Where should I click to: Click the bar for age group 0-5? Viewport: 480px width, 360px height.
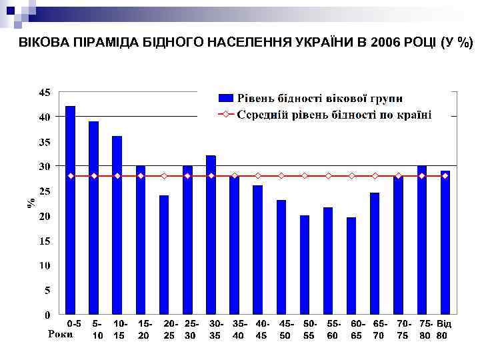[x=70, y=209]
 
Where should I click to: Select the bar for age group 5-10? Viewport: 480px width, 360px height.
[x=93, y=217]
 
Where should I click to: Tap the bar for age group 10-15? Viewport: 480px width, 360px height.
[x=117, y=225]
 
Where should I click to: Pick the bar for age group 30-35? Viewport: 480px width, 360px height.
[x=211, y=234]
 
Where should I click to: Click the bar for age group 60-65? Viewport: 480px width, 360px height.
[x=351, y=265]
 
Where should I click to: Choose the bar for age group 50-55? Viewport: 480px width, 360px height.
[x=305, y=264]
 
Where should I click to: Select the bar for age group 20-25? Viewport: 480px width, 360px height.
[x=164, y=254]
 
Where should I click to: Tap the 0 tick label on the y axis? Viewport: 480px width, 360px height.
[x=47, y=313]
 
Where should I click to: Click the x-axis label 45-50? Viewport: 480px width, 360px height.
[x=285, y=329]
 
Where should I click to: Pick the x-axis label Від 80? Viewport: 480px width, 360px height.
[x=443, y=329]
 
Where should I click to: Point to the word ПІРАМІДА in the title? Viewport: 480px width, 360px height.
[x=89, y=43]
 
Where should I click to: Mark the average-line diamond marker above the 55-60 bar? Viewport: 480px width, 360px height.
[x=328, y=176]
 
